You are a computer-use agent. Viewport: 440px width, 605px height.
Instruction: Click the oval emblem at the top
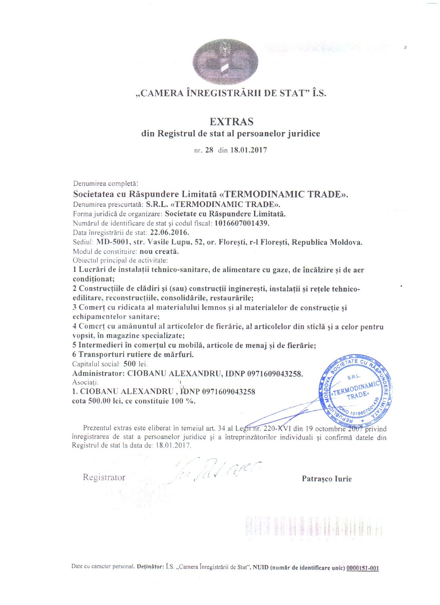coord(225,62)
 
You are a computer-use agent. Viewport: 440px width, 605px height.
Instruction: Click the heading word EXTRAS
coord(232,122)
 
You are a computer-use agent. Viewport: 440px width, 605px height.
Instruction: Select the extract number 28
coord(209,150)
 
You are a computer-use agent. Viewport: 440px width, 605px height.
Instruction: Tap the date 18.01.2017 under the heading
coord(248,150)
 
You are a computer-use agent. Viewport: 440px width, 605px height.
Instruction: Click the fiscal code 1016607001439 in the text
coord(242,223)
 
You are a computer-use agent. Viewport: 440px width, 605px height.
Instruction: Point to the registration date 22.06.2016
coord(169,232)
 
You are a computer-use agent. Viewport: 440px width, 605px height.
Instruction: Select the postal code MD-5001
coord(113,242)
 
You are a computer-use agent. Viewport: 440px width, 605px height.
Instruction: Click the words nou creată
coord(159,251)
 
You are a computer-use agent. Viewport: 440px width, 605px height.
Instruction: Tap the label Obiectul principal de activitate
coord(120,260)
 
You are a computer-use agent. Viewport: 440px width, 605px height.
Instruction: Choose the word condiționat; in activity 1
coord(94,279)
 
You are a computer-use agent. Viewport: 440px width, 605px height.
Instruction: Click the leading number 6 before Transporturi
coord(74,354)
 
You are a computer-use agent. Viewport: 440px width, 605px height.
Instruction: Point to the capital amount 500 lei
coord(135,364)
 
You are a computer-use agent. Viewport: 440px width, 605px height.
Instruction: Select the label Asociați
coord(85,382)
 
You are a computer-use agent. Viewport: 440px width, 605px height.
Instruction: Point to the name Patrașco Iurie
coord(326,479)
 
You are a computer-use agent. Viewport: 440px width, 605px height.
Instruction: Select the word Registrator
coord(104,477)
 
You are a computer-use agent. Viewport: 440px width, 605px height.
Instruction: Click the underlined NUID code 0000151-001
coord(362,568)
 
